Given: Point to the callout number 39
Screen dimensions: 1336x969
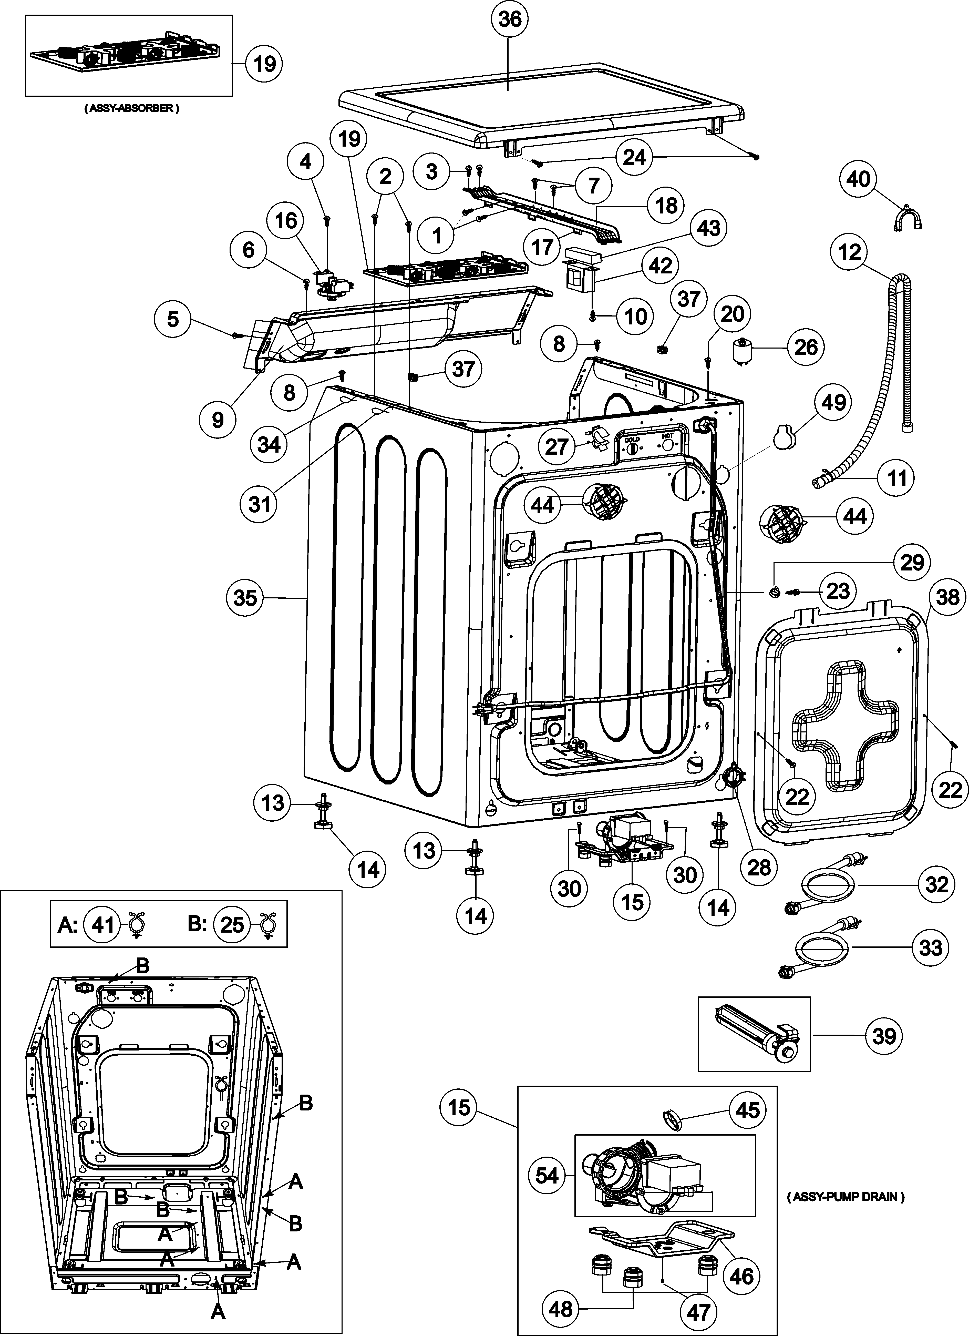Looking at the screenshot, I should click(884, 1036).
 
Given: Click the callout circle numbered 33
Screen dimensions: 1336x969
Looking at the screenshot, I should click(931, 948).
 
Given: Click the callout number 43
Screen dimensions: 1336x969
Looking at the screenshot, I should click(709, 227).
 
